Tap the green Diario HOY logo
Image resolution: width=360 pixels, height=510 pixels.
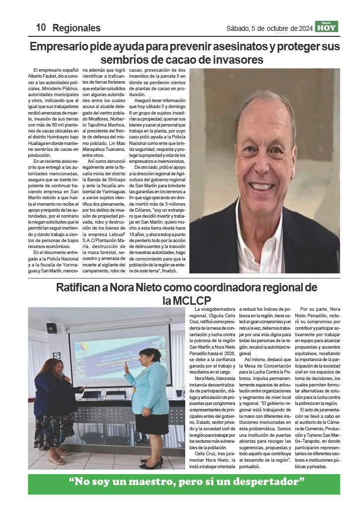point(327,26)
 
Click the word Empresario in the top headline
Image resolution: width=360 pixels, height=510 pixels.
point(60,47)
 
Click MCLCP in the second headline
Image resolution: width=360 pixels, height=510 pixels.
point(191,300)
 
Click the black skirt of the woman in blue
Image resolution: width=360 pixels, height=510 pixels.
point(152,423)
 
